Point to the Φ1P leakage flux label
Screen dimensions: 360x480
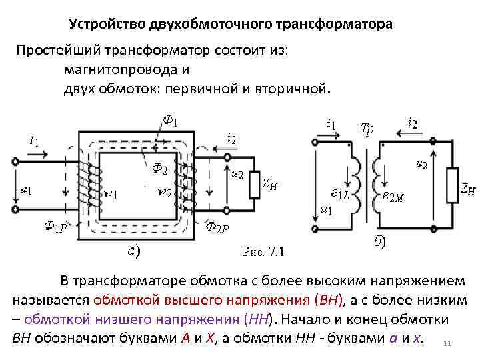[x=55, y=227]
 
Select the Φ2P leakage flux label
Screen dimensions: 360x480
[x=217, y=228]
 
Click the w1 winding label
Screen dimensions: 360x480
[x=111, y=195]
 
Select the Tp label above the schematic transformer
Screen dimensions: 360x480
[x=367, y=129]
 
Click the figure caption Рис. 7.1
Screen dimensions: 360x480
[x=262, y=252]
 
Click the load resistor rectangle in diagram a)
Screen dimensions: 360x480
[x=253, y=185]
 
